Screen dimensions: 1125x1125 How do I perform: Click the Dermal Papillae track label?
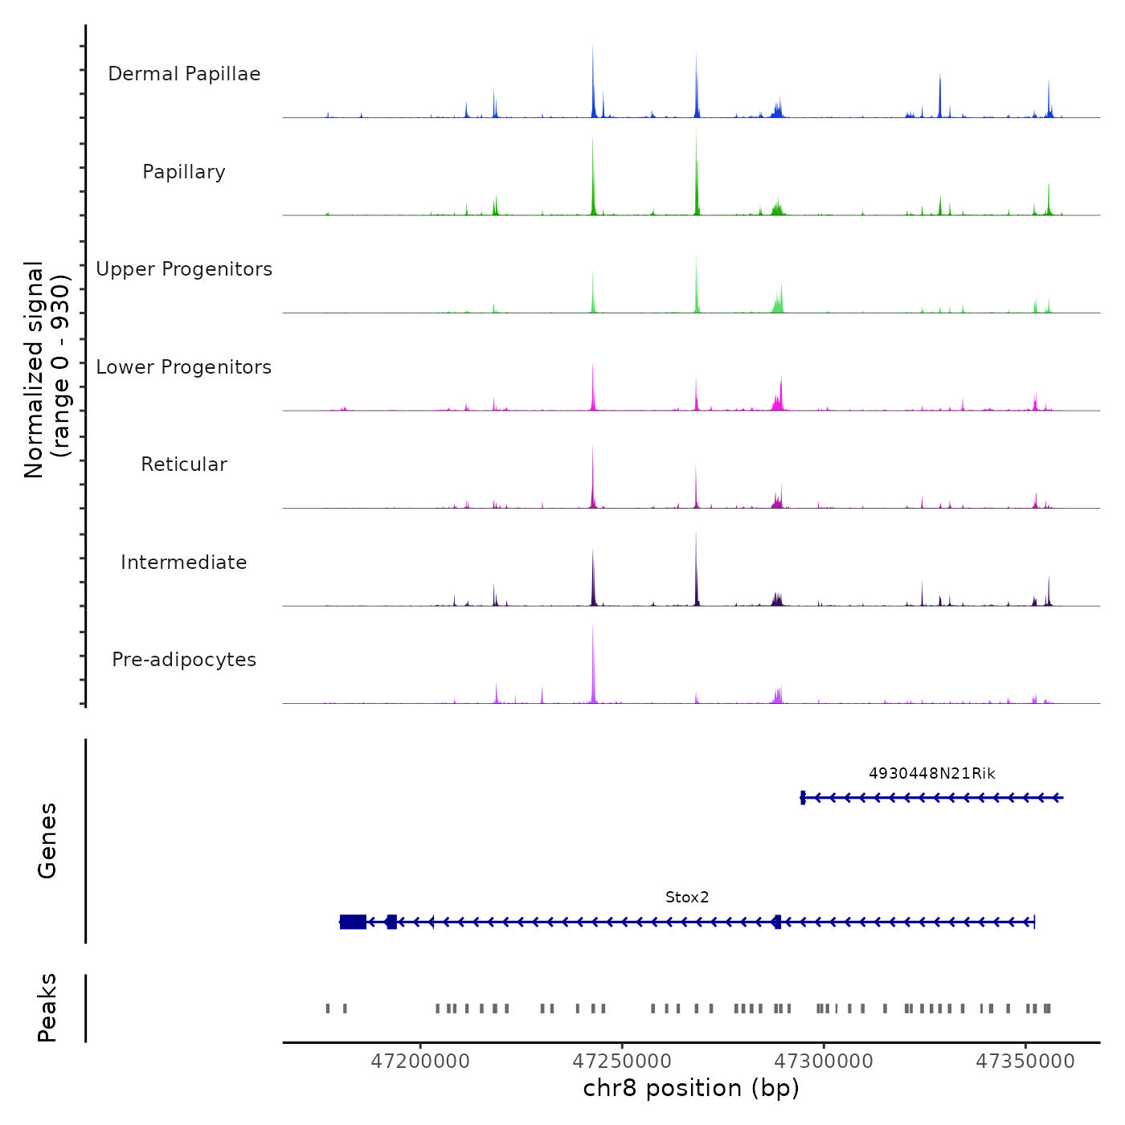tap(184, 74)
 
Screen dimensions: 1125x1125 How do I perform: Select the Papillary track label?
tap(184, 172)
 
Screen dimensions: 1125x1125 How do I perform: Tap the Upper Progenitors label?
tap(184, 269)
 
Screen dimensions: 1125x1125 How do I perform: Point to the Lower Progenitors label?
tap(184, 367)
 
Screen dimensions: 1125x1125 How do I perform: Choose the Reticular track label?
tap(184, 464)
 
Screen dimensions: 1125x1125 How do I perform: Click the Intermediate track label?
tap(184, 562)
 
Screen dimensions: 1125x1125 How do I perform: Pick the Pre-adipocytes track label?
tap(184, 660)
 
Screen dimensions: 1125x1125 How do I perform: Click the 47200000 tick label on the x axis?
tap(420, 1062)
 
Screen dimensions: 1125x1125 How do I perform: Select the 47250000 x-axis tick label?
tap(622, 1062)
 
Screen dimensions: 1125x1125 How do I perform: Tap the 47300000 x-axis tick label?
tap(824, 1062)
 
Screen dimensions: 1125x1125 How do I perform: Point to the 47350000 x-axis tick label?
tap(1025, 1062)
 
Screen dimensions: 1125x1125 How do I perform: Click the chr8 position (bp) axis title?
tap(691, 1089)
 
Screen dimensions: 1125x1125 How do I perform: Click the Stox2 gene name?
tap(687, 898)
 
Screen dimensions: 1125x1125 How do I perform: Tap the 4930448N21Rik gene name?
tap(932, 774)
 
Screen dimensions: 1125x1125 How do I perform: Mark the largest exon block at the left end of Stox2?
tap(353, 922)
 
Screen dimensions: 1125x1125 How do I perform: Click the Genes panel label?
tap(47, 841)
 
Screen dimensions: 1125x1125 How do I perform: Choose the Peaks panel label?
tap(47, 1008)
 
